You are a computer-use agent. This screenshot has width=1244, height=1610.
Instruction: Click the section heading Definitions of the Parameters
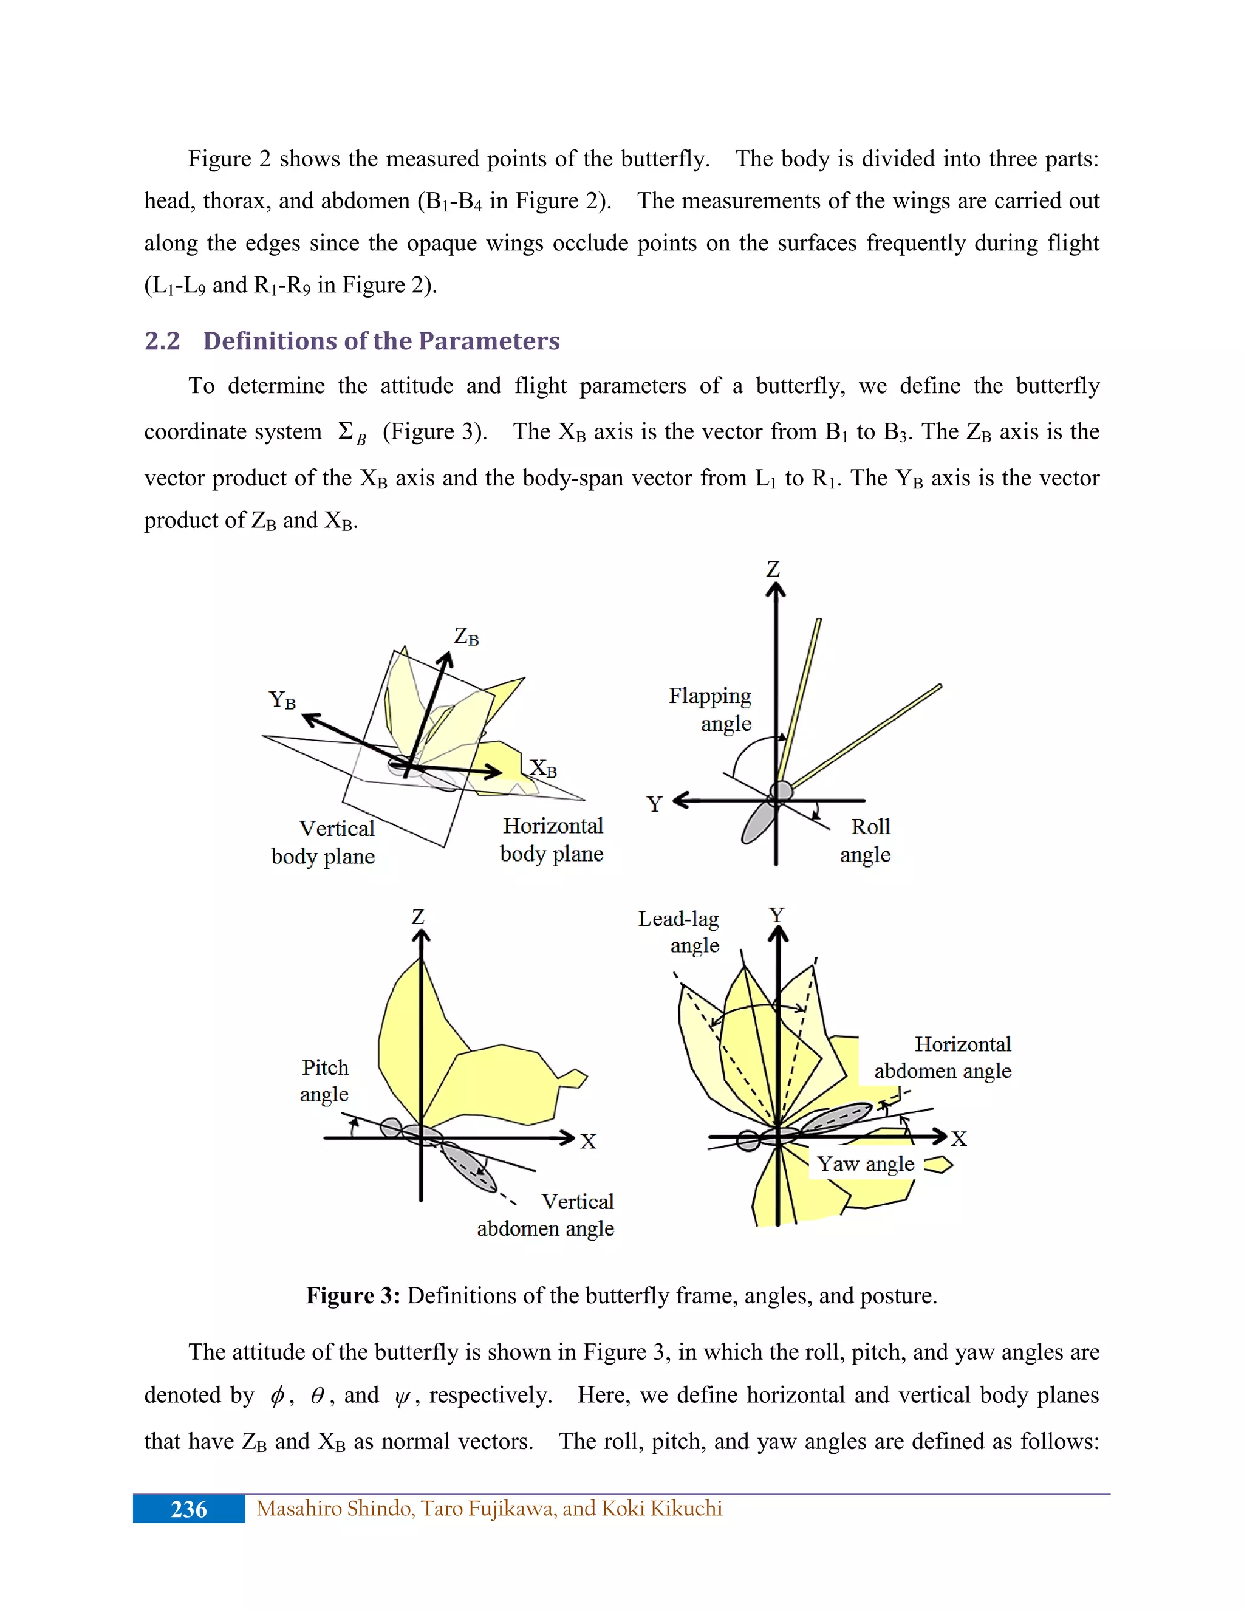click(381, 341)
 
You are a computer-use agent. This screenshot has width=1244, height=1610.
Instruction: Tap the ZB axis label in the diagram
click(466, 637)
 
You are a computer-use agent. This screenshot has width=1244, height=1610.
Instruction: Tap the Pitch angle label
click(324, 1081)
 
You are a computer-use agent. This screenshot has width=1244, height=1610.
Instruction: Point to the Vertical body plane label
click(324, 843)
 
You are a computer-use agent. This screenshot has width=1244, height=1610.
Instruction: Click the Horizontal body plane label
click(552, 840)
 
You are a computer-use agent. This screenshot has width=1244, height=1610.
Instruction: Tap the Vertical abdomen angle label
click(546, 1215)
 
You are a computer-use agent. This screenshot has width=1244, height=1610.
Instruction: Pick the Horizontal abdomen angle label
click(943, 1057)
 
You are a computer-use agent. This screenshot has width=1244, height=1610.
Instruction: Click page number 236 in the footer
click(189, 1509)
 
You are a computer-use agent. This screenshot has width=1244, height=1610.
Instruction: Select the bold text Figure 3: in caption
click(353, 1295)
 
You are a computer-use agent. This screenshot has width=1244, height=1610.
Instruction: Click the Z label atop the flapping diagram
click(773, 569)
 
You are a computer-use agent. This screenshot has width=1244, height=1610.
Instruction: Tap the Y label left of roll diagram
click(654, 804)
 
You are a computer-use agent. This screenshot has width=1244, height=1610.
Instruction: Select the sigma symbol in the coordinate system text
click(346, 431)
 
